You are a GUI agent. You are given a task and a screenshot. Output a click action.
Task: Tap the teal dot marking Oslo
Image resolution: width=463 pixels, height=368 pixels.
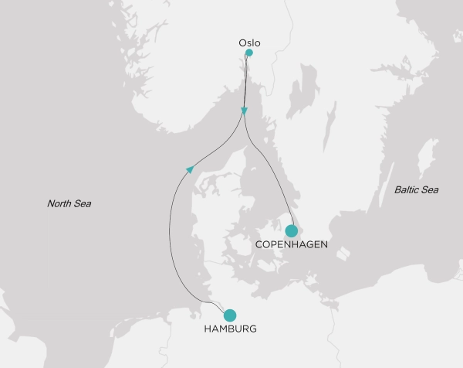click(x=248, y=53)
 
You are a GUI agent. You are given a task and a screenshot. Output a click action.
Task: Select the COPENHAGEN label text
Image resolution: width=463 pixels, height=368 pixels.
click(x=290, y=244)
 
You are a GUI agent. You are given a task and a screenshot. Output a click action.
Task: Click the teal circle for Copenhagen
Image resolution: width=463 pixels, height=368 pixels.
click(x=292, y=230)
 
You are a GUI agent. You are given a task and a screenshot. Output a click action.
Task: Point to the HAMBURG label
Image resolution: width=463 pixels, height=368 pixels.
click(x=230, y=329)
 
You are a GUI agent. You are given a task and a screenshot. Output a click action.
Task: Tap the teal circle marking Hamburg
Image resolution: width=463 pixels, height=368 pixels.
click(x=230, y=315)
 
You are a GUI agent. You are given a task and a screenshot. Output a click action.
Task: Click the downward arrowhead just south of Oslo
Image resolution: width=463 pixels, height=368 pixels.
click(x=245, y=111)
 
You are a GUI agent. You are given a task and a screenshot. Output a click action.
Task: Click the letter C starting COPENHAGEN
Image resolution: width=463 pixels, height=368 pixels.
click(x=258, y=244)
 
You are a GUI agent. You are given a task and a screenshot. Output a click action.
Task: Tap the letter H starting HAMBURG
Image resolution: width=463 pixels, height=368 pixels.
click(x=207, y=329)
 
